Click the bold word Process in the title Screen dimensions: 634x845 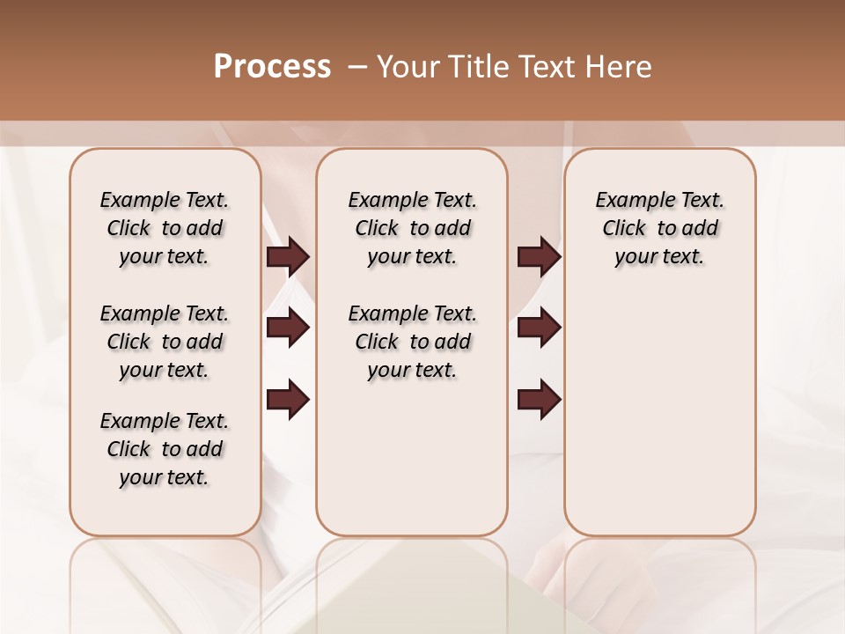(x=272, y=67)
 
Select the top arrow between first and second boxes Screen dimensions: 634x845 (x=288, y=256)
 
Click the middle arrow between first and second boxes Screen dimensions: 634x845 (x=288, y=328)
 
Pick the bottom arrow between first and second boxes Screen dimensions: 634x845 (x=288, y=400)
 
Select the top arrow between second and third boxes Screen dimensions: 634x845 (x=539, y=256)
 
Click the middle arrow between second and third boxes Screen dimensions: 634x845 (x=539, y=328)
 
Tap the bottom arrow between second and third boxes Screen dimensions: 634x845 (x=539, y=400)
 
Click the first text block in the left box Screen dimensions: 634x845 (x=165, y=228)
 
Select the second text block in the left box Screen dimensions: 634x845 (x=165, y=342)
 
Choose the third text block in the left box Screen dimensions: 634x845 (x=165, y=449)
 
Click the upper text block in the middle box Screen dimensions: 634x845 (x=412, y=228)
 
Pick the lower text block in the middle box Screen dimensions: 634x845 (x=412, y=342)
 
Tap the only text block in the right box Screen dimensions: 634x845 (x=659, y=228)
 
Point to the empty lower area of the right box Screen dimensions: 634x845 (x=659, y=414)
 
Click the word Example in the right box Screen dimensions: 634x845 (x=629, y=201)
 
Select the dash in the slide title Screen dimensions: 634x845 (x=357, y=67)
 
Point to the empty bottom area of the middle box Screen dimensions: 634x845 (x=412, y=467)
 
